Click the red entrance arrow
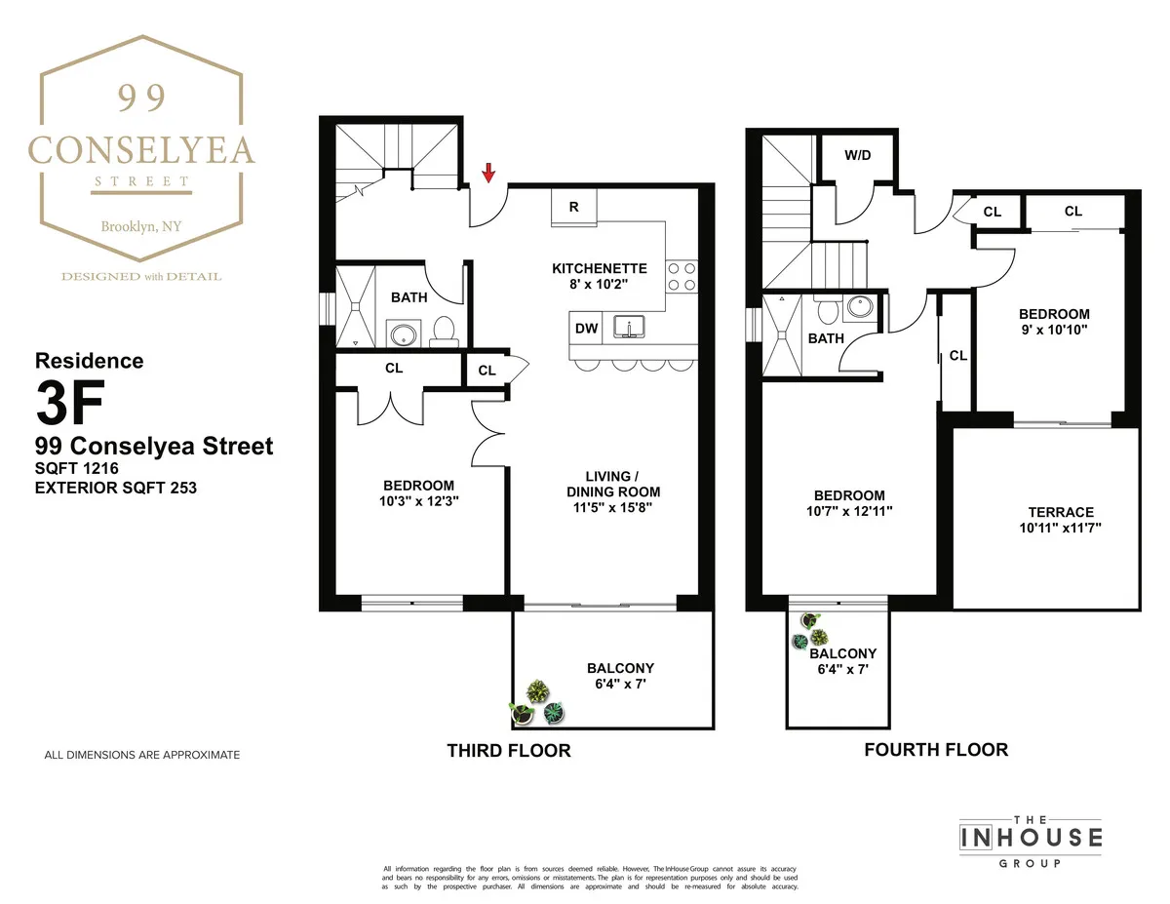(x=489, y=174)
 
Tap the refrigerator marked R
(x=574, y=207)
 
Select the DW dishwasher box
(x=586, y=329)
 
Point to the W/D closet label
(x=857, y=154)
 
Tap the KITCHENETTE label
(x=600, y=268)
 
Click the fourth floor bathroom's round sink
(x=859, y=305)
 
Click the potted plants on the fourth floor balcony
(x=812, y=630)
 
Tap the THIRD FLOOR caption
(x=508, y=751)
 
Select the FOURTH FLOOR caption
(x=936, y=750)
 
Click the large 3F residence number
(x=67, y=402)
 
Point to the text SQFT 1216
(x=81, y=468)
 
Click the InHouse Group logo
(x=1031, y=838)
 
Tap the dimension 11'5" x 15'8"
(x=613, y=507)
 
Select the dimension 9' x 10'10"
(x=1053, y=330)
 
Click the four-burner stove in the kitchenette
(x=682, y=276)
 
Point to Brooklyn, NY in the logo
(x=141, y=227)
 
